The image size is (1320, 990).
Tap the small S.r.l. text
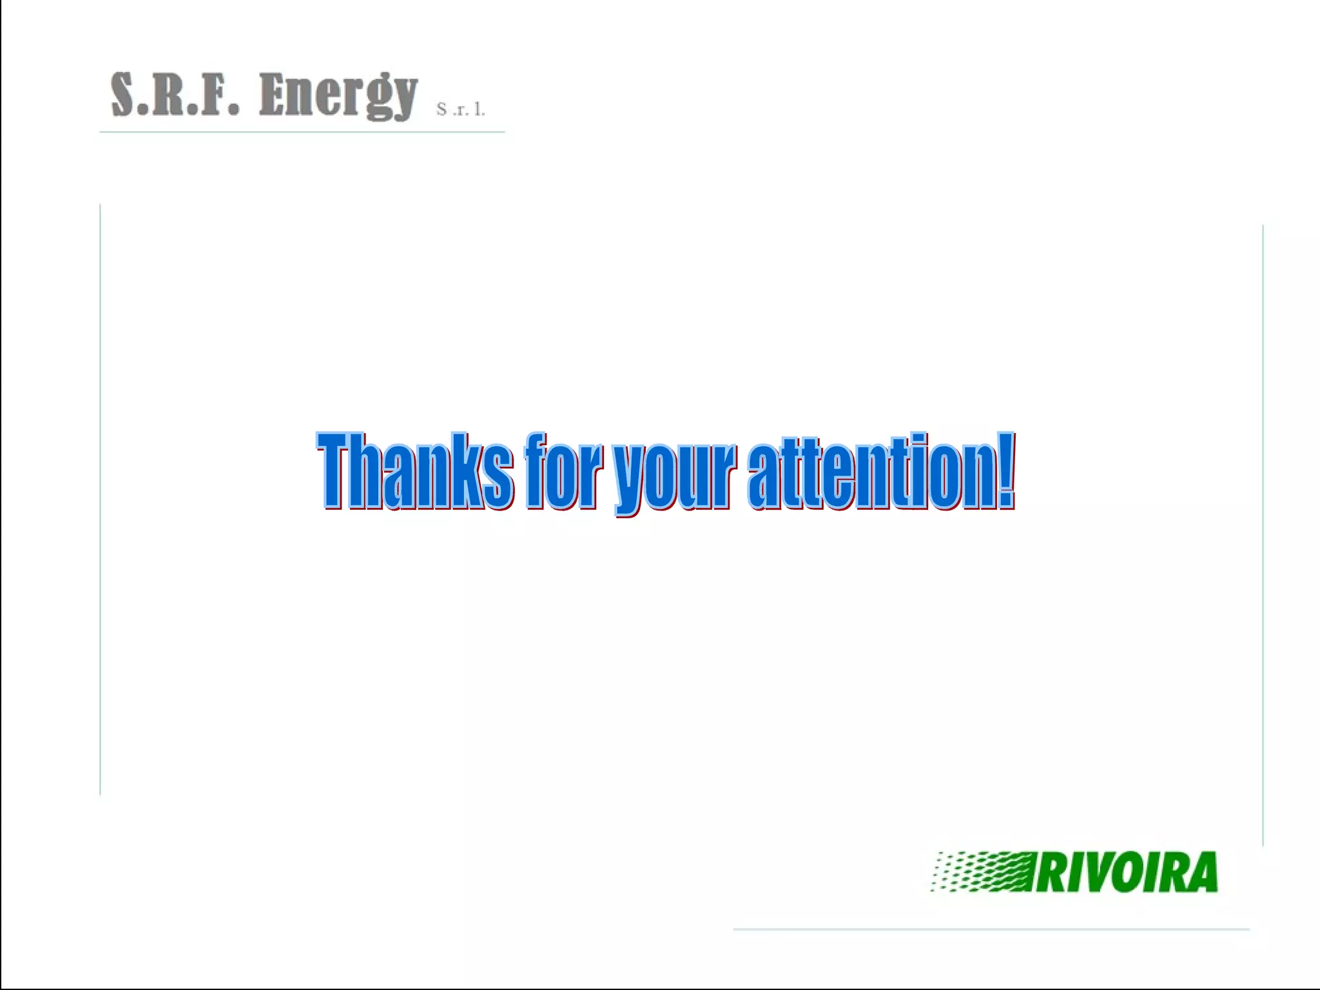point(460,109)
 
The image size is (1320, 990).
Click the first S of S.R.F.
point(124,94)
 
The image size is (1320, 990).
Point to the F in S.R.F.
point(215,94)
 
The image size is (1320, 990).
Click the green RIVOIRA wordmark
point(1126,872)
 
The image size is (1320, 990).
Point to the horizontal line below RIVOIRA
point(991,929)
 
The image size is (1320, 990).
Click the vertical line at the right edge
point(1263,535)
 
